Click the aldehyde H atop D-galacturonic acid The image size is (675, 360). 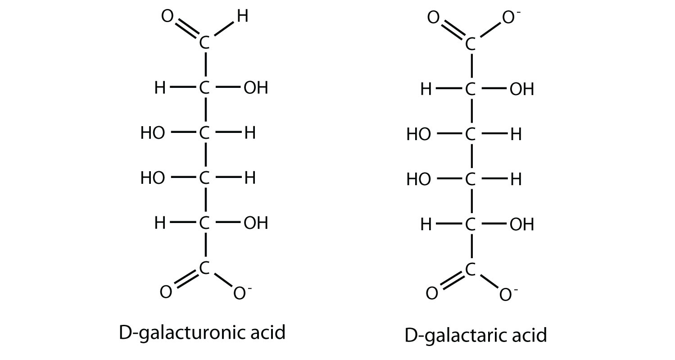click(242, 17)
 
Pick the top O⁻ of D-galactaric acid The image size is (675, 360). click(507, 18)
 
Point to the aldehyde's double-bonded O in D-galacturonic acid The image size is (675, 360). click(166, 18)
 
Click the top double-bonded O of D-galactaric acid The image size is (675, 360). click(433, 18)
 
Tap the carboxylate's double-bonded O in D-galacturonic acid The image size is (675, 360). click(166, 292)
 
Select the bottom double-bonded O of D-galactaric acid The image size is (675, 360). click(432, 294)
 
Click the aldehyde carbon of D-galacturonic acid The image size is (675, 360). click(204, 44)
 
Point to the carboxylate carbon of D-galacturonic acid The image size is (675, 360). click(204, 268)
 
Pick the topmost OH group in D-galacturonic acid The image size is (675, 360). click(255, 88)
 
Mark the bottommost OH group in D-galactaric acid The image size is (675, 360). click(521, 224)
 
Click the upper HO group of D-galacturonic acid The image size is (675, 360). click(153, 133)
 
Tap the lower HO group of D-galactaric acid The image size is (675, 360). click(419, 180)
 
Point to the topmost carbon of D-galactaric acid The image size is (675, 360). click(471, 45)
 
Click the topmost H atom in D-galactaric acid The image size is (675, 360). click(426, 90)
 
